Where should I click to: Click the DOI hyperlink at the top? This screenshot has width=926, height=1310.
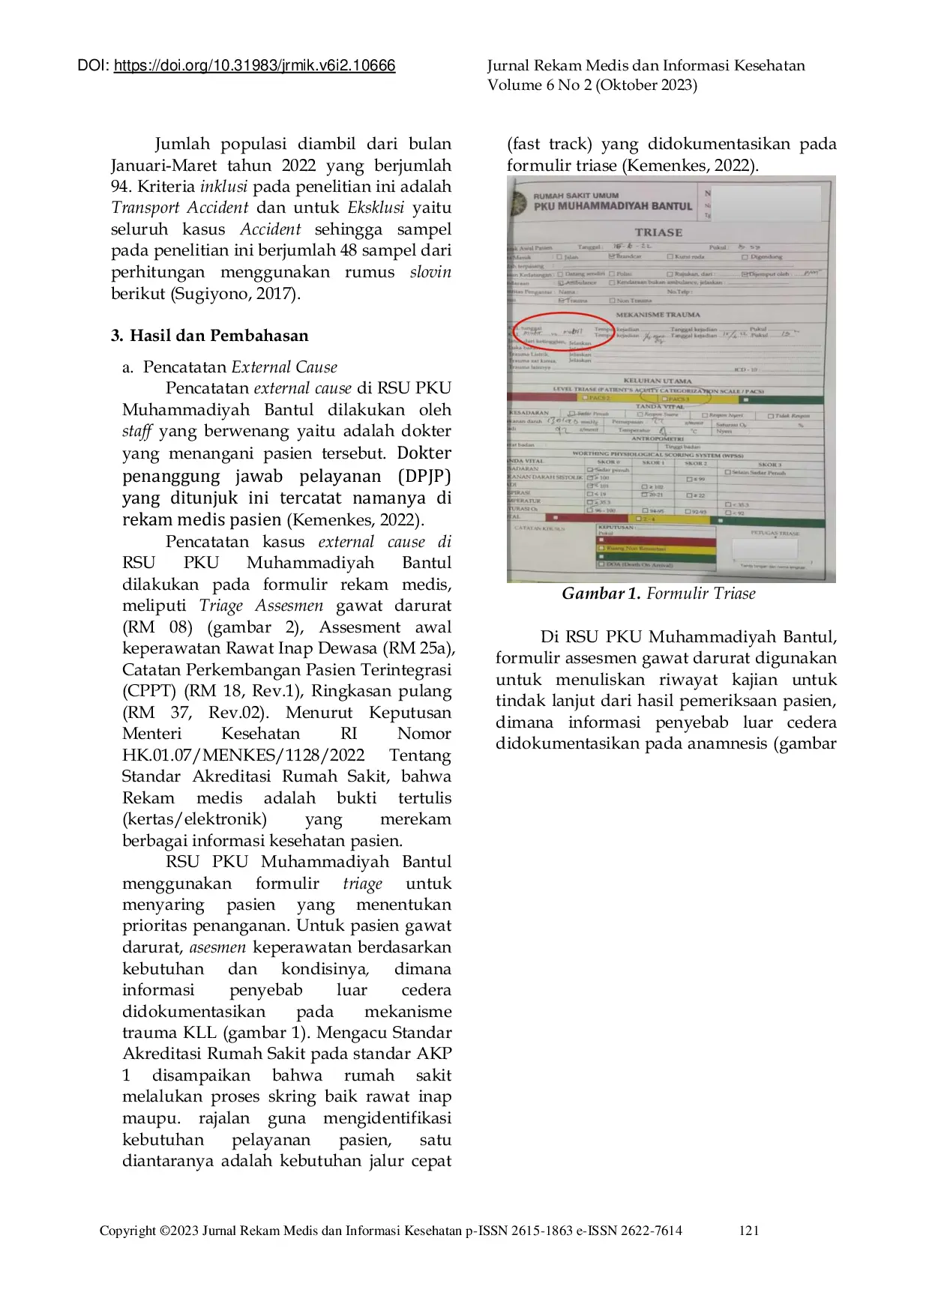(x=254, y=66)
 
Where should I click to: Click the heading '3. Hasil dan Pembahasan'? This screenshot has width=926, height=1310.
(x=209, y=335)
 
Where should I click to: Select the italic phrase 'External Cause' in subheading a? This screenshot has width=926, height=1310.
(x=284, y=366)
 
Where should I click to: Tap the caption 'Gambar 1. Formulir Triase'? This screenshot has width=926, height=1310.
(x=658, y=594)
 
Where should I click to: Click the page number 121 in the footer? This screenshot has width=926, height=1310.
(x=748, y=1230)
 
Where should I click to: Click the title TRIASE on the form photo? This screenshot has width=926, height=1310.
(x=658, y=232)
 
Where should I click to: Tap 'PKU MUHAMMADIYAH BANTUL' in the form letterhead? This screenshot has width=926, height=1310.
(x=613, y=206)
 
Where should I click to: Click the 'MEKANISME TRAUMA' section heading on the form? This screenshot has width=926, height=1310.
(x=658, y=315)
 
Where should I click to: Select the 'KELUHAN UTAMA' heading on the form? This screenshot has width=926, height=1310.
(x=658, y=381)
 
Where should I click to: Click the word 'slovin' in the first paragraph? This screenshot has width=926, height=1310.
(x=430, y=271)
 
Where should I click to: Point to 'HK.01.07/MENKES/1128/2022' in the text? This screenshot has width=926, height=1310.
(x=243, y=755)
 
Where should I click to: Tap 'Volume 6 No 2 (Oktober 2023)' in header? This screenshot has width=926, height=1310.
(x=592, y=85)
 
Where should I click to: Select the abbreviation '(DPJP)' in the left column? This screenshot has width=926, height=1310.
(x=424, y=476)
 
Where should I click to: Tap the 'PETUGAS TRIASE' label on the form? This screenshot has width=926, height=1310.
(x=775, y=533)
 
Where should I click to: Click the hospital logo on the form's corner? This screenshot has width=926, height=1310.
(x=517, y=202)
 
